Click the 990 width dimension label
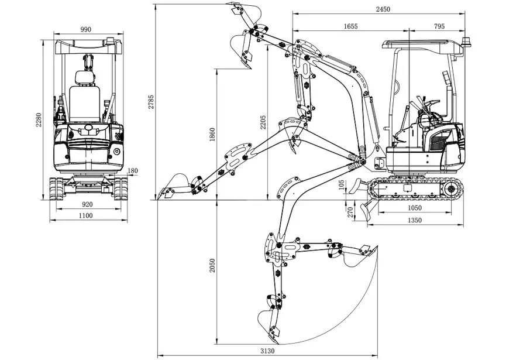86,30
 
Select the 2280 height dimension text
39,119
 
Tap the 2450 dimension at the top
383,9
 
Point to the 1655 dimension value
351,26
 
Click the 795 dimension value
439,26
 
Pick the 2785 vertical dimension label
151,102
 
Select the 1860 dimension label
212,134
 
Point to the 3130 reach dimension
268,351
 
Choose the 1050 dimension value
414,208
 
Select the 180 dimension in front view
133,171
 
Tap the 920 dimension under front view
87,204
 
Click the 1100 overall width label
86,216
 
